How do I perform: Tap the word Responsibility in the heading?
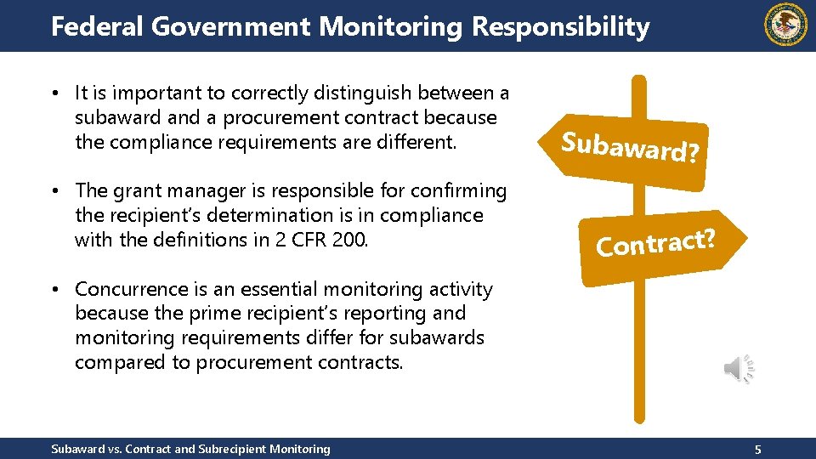point(560,26)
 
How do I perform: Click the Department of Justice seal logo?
point(786,25)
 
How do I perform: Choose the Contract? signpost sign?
point(654,243)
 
